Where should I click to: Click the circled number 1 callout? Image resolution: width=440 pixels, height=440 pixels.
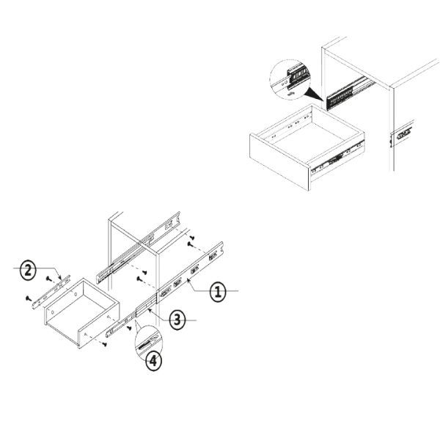[x=218, y=291]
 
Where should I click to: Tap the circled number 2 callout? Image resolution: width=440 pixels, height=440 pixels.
[x=28, y=270]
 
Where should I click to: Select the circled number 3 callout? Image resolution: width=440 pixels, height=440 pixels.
[x=177, y=320]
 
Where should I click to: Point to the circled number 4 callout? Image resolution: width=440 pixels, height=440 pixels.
[x=153, y=361]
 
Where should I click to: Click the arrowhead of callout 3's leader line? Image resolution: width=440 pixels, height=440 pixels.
[x=150, y=310]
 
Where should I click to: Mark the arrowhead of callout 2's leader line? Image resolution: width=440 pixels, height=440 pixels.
[x=60, y=278]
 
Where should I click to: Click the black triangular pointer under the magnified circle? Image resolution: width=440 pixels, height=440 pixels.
[x=315, y=95]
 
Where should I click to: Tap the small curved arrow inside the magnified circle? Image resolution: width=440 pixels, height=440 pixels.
[x=291, y=93]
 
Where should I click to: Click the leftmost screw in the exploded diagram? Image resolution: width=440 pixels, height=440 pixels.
[x=28, y=298]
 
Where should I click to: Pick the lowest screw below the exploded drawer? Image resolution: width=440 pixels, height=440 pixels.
[x=105, y=344]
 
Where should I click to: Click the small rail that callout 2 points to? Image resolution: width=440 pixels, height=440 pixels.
[x=51, y=292]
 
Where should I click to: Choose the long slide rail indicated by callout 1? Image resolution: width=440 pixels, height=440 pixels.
[x=190, y=273]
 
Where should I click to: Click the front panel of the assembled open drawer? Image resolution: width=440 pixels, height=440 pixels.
[x=280, y=162]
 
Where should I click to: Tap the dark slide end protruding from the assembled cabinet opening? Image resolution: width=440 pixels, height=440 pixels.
[x=340, y=97]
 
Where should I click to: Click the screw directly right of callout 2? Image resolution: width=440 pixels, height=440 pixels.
[x=49, y=279]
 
